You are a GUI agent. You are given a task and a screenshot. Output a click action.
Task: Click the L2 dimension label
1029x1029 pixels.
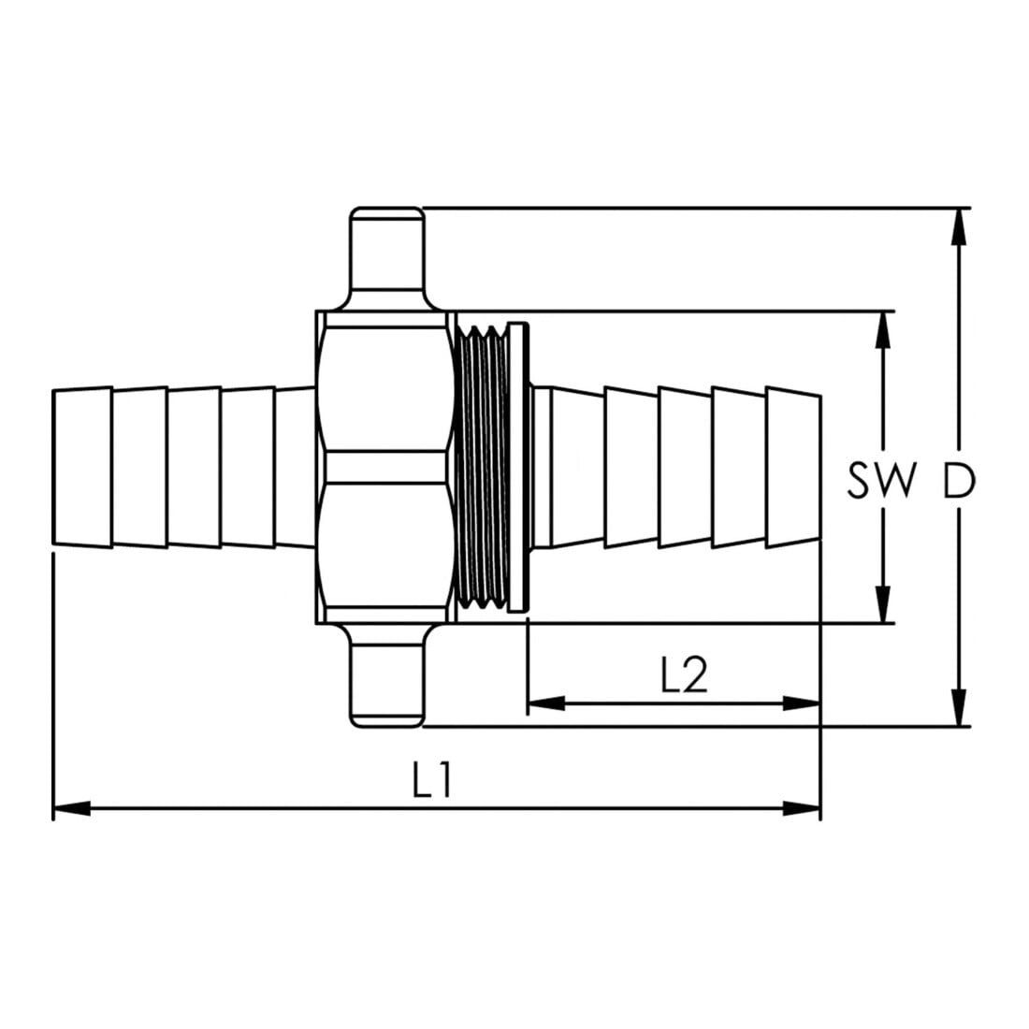click(685, 675)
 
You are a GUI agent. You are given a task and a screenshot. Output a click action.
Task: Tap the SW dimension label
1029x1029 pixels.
click(880, 480)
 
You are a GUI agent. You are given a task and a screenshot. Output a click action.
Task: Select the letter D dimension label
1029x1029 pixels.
click(960, 480)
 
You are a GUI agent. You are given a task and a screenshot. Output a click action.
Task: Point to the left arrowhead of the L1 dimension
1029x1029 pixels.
click(71, 808)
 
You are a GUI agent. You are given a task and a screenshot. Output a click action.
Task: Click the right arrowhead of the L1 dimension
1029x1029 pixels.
click(802, 808)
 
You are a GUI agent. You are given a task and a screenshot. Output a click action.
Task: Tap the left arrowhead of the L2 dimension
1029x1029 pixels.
click(546, 703)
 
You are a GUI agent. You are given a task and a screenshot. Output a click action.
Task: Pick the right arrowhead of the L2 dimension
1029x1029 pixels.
click(802, 703)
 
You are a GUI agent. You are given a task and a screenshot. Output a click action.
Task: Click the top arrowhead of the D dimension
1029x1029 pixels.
click(960, 227)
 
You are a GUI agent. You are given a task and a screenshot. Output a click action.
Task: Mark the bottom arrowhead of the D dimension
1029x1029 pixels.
click(960, 707)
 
